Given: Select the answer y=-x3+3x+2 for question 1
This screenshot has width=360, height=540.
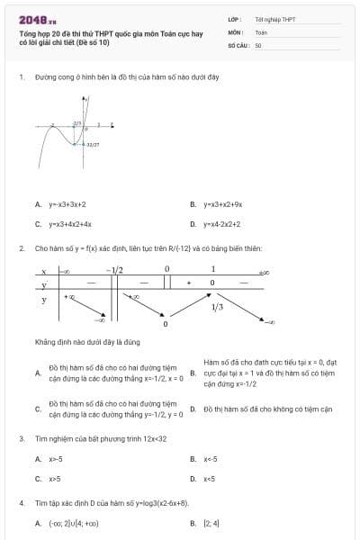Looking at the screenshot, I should coord(67,204).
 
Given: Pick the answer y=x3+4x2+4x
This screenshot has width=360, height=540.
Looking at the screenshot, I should coord(69,224).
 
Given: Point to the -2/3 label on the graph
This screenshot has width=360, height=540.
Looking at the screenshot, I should coord(77,122).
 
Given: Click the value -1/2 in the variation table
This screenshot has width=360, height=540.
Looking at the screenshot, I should coord(113,269).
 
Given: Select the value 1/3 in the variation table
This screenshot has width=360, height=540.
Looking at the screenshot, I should coord(217,307).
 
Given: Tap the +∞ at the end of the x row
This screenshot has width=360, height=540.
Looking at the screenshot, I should coord(264,270).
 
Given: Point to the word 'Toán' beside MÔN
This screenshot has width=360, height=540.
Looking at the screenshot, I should coord(261,31).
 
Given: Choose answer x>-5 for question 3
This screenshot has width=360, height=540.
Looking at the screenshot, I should coord(56,459).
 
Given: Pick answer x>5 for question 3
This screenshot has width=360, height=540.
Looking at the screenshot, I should coord(55,479).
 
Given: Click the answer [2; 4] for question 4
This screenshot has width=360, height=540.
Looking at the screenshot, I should coord(211,523).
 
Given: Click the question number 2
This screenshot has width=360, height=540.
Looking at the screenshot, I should coord(21,247).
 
